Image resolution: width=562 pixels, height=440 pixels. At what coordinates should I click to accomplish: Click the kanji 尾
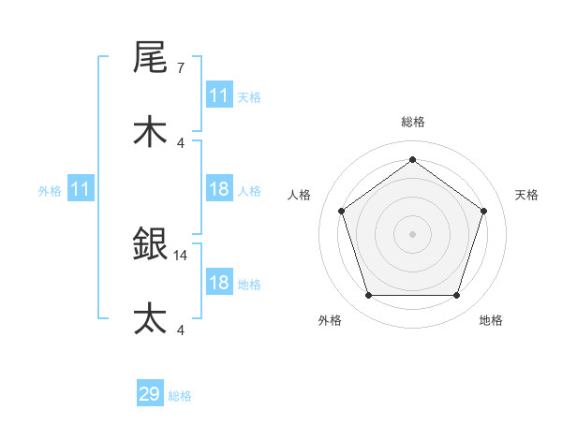[x=150, y=58]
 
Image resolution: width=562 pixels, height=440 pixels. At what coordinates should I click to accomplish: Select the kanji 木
[x=150, y=132]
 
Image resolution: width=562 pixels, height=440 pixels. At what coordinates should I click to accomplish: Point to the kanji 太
[x=150, y=319]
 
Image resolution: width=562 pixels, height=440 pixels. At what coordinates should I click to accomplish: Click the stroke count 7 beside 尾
[x=180, y=68]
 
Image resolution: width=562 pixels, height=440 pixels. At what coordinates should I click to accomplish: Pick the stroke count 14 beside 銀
[x=182, y=255]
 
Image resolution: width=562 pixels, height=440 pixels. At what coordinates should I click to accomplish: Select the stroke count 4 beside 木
[x=180, y=142]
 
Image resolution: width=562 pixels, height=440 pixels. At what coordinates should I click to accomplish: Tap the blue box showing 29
[x=150, y=394]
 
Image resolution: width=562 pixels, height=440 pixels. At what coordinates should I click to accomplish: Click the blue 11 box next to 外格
[x=81, y=189]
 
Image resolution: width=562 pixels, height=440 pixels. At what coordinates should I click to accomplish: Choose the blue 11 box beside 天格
[x=219, y=95]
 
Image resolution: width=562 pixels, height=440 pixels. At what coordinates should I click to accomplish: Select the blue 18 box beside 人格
[x=219, y=189]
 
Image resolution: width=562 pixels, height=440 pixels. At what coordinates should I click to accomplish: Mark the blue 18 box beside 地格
[x=219, y=283]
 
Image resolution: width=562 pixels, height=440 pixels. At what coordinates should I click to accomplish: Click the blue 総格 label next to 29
[x=180, y=396]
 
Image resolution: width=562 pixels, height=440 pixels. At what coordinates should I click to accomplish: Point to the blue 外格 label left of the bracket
[x=50, y=190]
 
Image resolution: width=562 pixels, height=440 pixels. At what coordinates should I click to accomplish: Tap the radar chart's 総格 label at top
[x=413, y=122]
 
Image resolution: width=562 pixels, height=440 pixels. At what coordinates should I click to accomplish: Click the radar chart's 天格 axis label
[x=526, y=195]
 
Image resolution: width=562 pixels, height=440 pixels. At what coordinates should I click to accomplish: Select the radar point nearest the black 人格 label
[x=342, y=211]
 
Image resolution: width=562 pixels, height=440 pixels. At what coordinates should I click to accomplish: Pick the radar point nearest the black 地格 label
[x=456, y=296]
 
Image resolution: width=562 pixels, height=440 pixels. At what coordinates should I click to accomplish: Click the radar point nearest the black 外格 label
[x=368, y=296]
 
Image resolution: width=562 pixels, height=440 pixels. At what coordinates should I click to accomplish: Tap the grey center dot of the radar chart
[x=412, y=233]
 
